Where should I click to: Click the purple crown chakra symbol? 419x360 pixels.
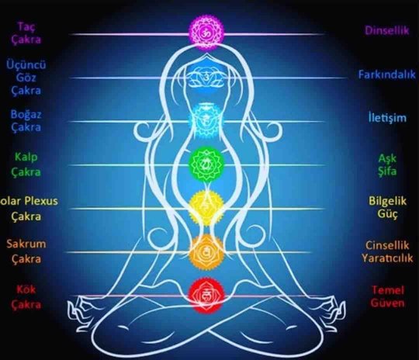[206, 33]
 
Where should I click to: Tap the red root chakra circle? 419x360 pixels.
[206, 296]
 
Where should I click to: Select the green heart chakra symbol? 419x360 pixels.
[206, 164]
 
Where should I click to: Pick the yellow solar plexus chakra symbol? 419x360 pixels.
[206, 208]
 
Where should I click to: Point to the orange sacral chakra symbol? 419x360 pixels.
[206, 251]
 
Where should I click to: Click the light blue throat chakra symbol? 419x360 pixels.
[206, 120]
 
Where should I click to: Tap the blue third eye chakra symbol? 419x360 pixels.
[206, 77]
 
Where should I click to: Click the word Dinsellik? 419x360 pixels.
[387, 30]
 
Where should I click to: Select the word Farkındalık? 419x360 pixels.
[387, 74]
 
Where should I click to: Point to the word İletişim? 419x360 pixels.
[387, 117]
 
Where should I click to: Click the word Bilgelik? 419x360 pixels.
[387, 201]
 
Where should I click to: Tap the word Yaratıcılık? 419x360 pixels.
[387, 258]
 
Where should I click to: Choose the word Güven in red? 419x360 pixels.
[387, 303]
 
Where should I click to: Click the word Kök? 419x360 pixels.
[26, 289]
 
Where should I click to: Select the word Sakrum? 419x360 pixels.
[26, 244]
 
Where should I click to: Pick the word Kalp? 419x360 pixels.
[26, 157]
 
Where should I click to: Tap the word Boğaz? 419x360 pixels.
[26, 115]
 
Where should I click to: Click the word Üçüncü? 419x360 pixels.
[26, 65]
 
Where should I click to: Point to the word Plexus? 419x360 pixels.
[41, 201]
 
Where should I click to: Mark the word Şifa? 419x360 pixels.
[387, 171]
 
